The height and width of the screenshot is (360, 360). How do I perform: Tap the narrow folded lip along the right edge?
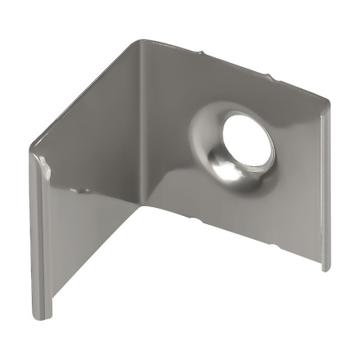(x=324, y=188)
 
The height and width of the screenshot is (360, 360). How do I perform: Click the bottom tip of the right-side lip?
(x=325, y=268)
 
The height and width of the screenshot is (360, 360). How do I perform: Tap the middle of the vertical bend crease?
(x=146, y=123)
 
